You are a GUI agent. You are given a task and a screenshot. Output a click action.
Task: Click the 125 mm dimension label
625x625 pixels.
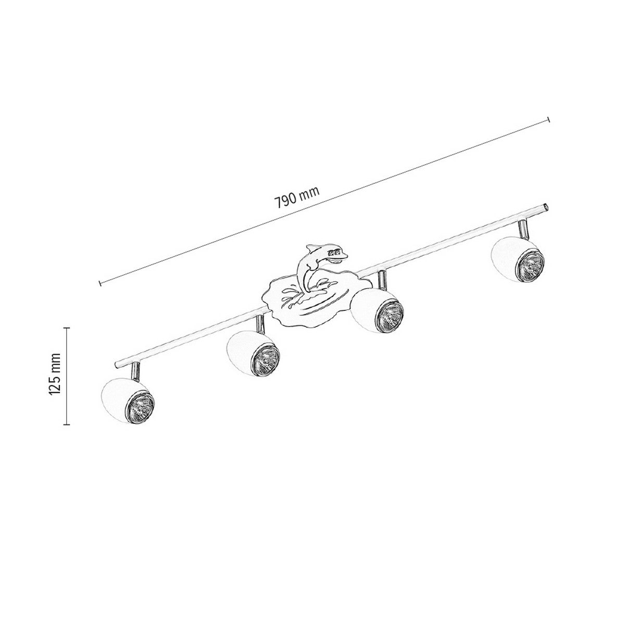[x=56, y=376]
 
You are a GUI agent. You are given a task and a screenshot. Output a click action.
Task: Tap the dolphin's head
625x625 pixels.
[x=336, y=254]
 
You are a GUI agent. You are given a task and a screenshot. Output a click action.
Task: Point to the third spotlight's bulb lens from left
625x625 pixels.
[x=390, y=315]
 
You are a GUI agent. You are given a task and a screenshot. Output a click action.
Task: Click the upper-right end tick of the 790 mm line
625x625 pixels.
[x=548, y=120]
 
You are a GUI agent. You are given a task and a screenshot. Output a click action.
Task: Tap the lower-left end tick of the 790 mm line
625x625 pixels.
[x=99, y=283]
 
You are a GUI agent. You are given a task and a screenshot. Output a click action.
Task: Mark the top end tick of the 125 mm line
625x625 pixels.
[x=67, y=328]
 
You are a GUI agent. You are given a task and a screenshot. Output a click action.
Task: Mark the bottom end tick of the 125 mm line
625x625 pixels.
[x=67, y=424]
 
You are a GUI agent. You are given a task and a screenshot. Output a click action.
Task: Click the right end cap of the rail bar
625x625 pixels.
[x=545, y=206]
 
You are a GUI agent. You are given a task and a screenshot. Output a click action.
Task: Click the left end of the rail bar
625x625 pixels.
[x=118, y=361]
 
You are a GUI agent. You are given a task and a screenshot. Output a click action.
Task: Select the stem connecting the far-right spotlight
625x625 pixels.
[x=522, y=228]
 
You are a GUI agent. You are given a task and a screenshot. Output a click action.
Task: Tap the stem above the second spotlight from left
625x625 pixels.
[x=259, y=324]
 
